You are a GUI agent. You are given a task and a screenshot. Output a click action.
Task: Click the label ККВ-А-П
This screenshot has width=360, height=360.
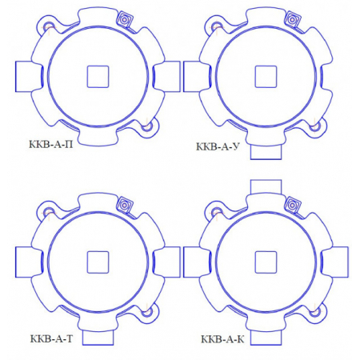coord(51,145)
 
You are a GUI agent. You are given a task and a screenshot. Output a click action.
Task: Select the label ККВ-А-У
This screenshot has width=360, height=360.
coord(218,146)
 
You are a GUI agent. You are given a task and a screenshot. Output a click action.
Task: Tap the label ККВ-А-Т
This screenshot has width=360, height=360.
coord(51,338)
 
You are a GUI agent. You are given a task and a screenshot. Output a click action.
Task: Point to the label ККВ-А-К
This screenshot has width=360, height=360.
coord(222,339)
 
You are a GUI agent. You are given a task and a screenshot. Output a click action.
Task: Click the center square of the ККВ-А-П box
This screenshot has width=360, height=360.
coord(98,77)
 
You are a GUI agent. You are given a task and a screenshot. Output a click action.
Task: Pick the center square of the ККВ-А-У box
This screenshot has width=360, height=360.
coord(266,77)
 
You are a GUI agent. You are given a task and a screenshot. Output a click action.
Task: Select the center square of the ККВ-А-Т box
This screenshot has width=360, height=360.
coord(98,262)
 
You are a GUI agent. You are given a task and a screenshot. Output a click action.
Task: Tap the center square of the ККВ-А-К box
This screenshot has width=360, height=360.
coord(266,262)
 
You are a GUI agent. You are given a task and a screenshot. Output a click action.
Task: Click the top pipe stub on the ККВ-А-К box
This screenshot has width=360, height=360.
coord(266,187)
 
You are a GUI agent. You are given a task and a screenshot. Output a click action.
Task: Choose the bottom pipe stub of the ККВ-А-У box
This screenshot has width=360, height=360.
coord(266,152)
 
